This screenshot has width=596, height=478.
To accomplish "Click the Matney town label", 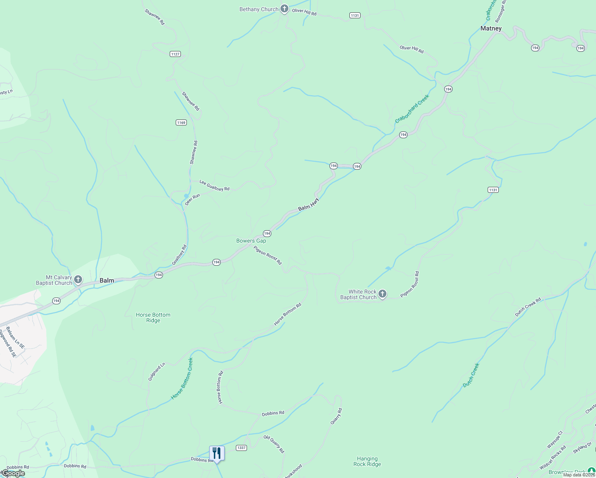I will click(491, 28).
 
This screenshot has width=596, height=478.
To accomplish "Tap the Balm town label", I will click(107, 280).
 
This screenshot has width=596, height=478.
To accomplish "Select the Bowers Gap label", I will click(251, 241).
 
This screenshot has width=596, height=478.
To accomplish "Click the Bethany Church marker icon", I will click(284, 9).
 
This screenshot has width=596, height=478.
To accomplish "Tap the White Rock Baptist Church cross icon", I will click(382, 294).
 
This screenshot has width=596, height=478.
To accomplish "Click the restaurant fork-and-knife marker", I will click(217, 453).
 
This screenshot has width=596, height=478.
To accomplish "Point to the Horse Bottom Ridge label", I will click(153, 317).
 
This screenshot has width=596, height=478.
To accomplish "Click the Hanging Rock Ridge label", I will click(367, 461).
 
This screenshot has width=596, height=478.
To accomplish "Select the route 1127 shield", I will click(175, 54).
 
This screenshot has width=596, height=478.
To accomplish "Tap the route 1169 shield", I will click(181, 122).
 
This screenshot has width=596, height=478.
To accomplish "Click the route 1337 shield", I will click(241, 448).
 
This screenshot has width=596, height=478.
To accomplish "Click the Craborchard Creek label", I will click(412, 108).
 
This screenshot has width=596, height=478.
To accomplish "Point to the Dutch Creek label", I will click(471, 375).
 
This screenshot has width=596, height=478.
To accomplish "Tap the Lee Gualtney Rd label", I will click(214, 186).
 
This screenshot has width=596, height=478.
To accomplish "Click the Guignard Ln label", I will click(156, 372).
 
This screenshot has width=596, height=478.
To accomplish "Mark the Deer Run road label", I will click(192, 199).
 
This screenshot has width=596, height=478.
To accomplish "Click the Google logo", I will click(14, 473).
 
